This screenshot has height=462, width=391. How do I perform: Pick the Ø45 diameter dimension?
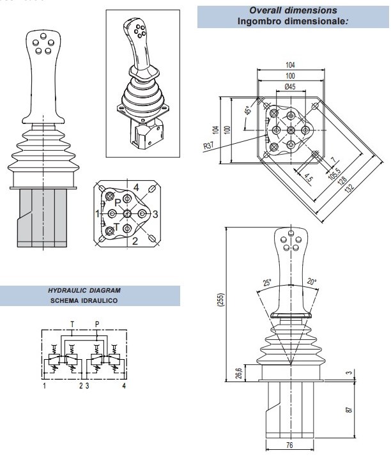pos(289,86)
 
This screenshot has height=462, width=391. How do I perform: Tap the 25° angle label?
pos(266,282)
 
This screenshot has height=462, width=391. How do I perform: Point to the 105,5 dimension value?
pos(333,176)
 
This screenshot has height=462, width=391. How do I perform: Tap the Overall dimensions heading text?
pos(294,10)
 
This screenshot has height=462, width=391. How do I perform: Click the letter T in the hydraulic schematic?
pos(72,324)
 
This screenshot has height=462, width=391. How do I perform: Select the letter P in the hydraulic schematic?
pos(96,324)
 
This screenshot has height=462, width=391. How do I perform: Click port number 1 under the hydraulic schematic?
pos(43,387)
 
